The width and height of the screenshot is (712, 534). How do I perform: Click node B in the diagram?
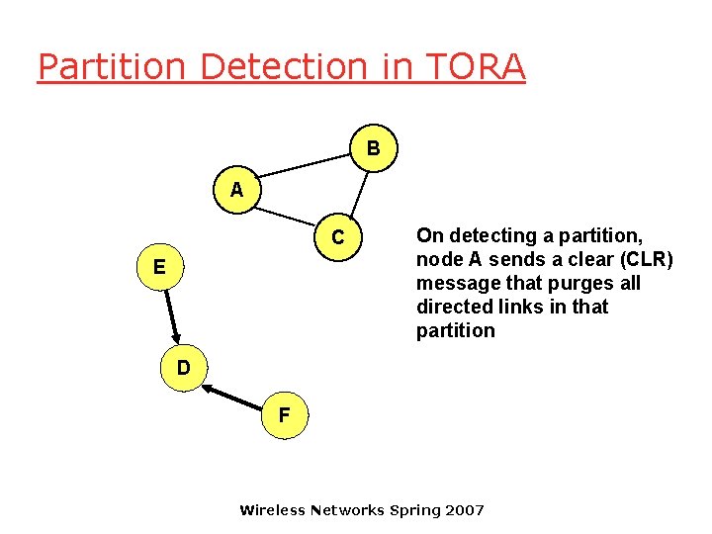click(x=373, y=149)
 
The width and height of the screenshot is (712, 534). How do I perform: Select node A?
click(x=235, y=190)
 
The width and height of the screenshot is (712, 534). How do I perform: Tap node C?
click(x=338, y=238)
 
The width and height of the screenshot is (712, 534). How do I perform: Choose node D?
click(x=183, y=368)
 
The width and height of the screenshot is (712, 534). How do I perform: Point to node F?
click(x=284, y=415)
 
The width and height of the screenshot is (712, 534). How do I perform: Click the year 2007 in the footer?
click(x=466, y=510)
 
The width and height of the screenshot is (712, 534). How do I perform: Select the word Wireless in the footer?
click(x=273, y=510)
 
